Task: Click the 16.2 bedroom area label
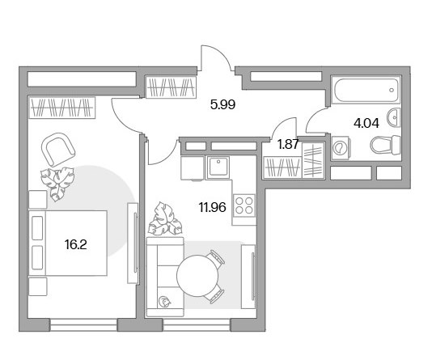[76, 244]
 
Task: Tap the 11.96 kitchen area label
[213, 207]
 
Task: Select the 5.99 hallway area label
[222, 104]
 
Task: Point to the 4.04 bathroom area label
[366, 123]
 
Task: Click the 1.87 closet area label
[288, 144]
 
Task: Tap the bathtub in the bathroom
[366, 90]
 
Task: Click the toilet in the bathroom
[385, 145]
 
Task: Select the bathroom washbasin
[394, 118]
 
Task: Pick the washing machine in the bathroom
[341, 148]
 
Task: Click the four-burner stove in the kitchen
[244, 205]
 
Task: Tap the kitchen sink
[218, 167]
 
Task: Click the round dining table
[197, 276]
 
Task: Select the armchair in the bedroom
[58, 150]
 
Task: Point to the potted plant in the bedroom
[57, 184]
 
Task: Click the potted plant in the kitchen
[165, 219]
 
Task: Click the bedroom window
[83, 325]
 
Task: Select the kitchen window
[197, 325]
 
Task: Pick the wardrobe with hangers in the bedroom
[62, 108]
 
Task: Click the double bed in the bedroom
[68, 244]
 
